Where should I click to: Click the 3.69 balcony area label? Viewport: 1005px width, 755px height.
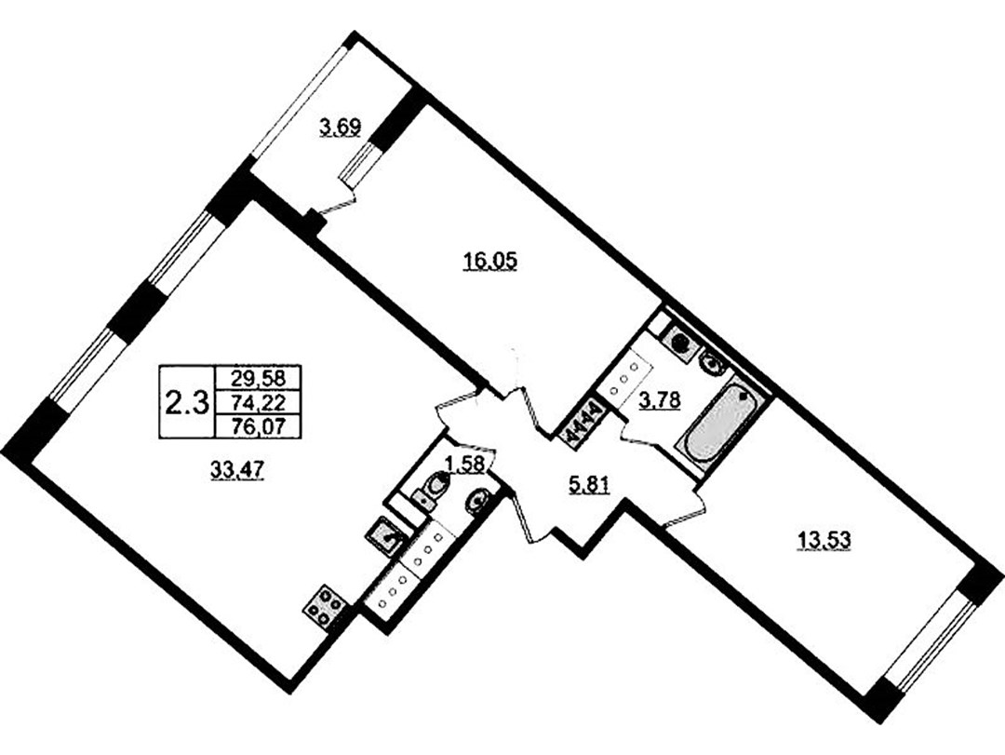coord(341,128)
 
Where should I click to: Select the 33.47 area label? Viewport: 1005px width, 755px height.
coord(237,471)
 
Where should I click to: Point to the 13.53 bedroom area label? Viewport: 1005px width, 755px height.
coord(823,541)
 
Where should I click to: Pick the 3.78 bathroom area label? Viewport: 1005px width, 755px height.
coord(660,401)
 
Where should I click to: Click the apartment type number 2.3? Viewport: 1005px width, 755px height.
coord(187,403)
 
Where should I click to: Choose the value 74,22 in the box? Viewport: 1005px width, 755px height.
coord(259,402)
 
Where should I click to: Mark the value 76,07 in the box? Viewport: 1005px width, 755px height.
coord(259,426)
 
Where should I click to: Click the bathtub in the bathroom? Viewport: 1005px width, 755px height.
coord(721,424)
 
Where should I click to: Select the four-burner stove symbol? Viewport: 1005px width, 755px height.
coord(325,605)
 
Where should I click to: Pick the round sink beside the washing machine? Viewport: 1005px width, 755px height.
coord(712,365)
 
